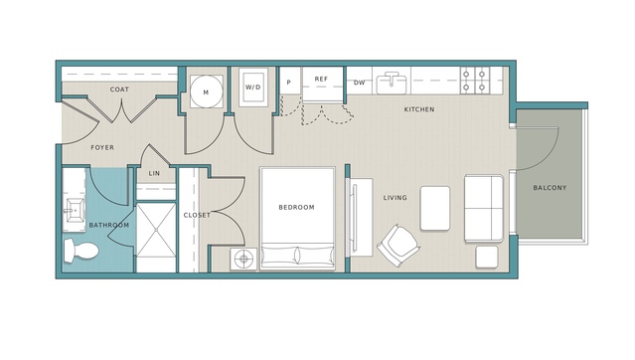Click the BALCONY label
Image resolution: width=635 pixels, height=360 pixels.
coord(550,188)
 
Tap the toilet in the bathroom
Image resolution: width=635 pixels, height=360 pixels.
coord(81,251)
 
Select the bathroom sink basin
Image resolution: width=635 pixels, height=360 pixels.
coord(74,210)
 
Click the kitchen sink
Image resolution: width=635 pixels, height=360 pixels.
coord(392,83)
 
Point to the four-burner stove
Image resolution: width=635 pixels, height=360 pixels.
coord(474,81)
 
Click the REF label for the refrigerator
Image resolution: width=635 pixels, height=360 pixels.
coord(321,79)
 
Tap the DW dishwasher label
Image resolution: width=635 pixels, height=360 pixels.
coord(359,83)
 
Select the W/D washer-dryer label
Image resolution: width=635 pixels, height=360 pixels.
coord(253,88)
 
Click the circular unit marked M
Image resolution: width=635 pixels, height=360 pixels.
coord(206,91)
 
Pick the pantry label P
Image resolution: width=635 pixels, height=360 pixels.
coord(289,83)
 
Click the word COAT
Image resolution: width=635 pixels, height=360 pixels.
coord(119,90)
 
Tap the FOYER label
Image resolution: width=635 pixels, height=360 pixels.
coord(102,147)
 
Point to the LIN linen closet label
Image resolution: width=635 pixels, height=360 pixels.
coord(154,173)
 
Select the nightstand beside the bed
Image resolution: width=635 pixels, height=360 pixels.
coord(243,259)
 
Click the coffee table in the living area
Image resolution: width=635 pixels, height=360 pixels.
coord(435,209)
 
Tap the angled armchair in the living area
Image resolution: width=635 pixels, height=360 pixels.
coord(398,245)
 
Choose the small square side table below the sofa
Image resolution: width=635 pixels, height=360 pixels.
coord(487,257)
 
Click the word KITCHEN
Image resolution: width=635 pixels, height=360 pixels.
coord(419,109)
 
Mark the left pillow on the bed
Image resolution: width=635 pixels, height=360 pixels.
coord(279,256)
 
